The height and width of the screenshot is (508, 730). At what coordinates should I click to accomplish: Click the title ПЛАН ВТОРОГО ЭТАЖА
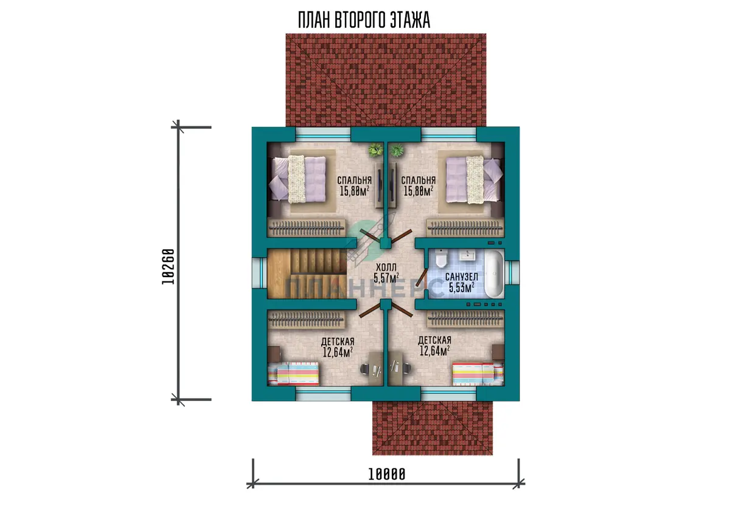[x=364, y=20]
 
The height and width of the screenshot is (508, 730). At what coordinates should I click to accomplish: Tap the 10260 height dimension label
[x=169, y=267]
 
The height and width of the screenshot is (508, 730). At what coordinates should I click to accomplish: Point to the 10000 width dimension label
[x=387, y=474]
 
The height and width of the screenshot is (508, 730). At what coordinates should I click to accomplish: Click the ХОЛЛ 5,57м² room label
[x=386, y=273]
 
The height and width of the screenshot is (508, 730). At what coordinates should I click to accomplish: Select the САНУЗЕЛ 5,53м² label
[x=462, y=282]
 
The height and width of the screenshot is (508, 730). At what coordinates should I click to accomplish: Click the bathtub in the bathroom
[x=494, y=273]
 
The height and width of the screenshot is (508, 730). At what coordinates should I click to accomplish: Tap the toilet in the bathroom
[x=440, y=259]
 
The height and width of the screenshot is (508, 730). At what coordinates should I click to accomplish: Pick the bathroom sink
[x=469, y=255]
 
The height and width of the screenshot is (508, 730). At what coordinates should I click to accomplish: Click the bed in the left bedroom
[x=297, y=179]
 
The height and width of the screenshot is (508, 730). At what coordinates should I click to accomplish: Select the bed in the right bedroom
[x=474, y=179]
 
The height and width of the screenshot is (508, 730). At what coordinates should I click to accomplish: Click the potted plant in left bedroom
[x=375, y=150]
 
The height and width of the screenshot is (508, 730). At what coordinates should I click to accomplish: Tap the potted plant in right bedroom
[x=396, y=150]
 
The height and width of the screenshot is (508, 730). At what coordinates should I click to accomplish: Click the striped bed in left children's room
[x=293, y=374]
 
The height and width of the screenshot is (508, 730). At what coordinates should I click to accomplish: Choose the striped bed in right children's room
[x=478, y=374]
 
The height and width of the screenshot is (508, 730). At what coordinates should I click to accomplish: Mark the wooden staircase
[x=307, y=273]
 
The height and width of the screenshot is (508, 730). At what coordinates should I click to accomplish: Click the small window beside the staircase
[x=259, y=273]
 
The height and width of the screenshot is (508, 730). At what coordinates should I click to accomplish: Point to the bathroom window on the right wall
[x=512, y=273]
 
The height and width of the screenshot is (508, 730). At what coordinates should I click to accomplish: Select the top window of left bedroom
[x=323, y=134]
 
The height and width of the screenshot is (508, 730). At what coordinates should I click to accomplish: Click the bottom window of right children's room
[x=448, y=394]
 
